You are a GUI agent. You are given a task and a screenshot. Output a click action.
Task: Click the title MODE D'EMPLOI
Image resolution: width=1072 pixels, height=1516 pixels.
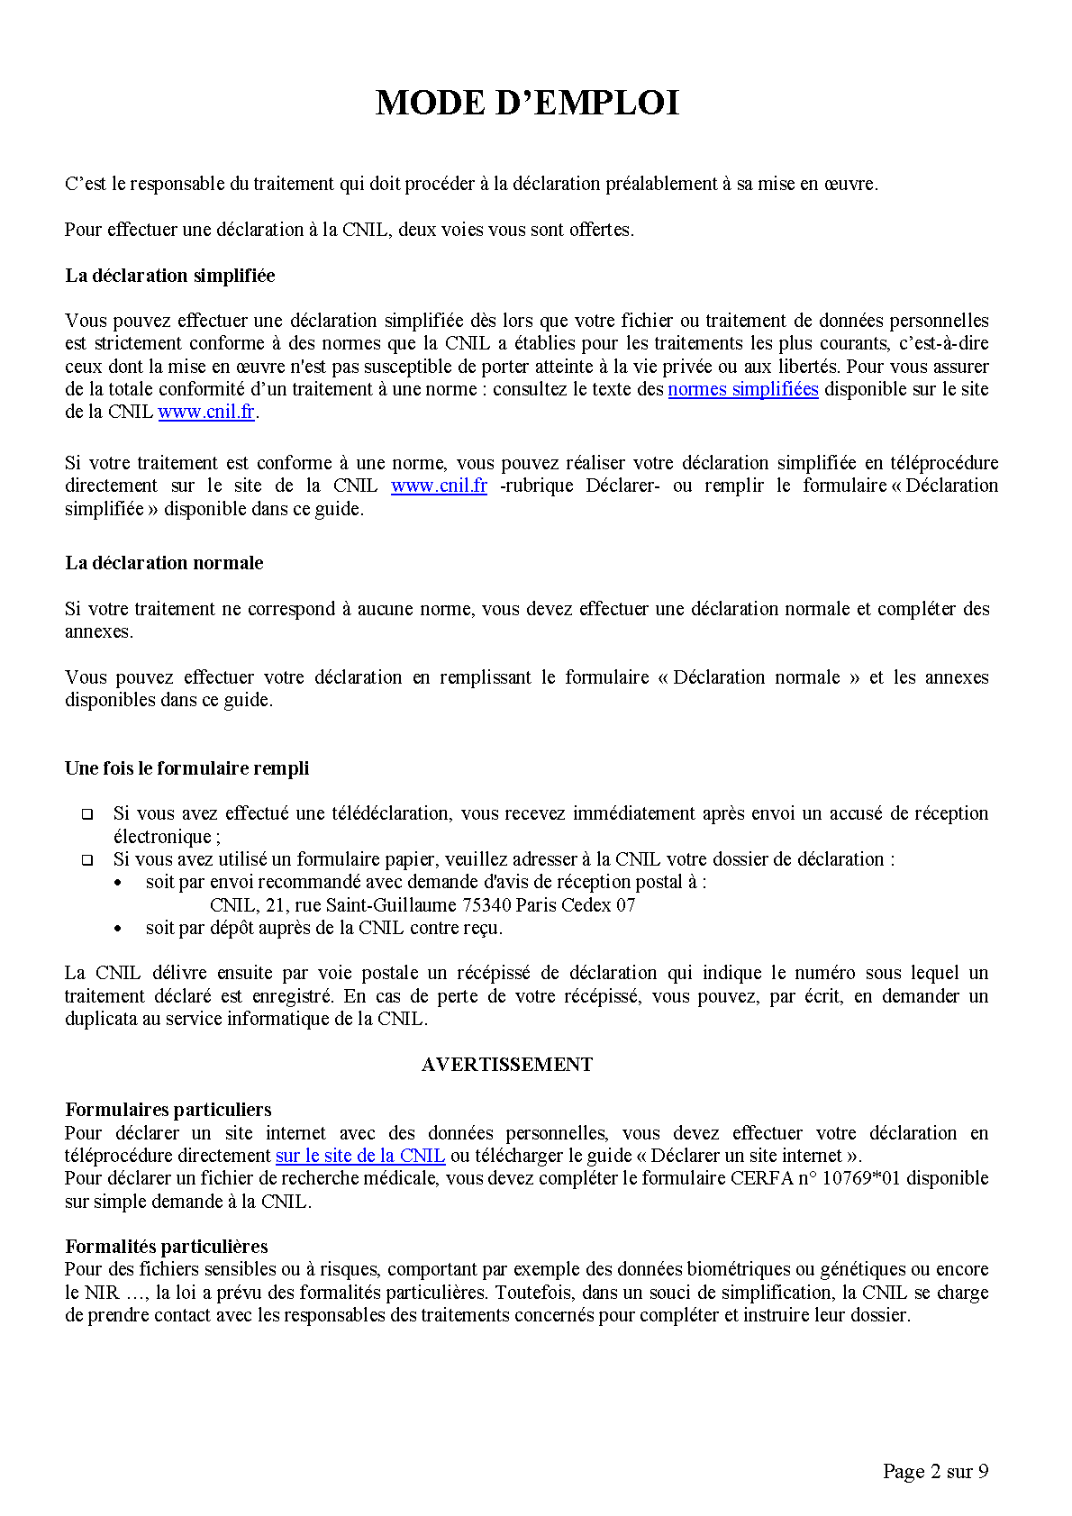(x=527, y=103)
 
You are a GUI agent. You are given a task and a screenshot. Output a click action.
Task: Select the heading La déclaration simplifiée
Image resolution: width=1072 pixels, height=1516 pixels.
(x=170, y=276)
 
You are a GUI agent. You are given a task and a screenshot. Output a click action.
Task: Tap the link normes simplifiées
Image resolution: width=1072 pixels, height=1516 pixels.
(x=742, y=389)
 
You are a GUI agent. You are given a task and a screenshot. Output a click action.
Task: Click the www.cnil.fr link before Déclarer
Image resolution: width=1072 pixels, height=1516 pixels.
(x=439, y=486)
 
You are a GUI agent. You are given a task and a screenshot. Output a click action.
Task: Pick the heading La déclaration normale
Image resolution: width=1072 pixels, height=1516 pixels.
(x=164, y=563)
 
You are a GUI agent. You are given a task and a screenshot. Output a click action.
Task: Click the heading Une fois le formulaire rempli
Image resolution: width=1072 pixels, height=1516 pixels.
(x=186, y=768)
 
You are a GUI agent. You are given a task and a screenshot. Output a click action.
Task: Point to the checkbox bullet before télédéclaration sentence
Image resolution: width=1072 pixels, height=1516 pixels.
(x=87, y=814)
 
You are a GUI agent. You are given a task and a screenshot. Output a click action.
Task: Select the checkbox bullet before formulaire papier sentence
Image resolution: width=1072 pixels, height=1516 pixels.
(x=87, y=860)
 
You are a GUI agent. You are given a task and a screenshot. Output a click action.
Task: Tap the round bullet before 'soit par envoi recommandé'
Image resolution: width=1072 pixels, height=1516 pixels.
(x=118, y=884)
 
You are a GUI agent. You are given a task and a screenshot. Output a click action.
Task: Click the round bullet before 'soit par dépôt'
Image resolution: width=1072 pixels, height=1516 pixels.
(x=118, y=929)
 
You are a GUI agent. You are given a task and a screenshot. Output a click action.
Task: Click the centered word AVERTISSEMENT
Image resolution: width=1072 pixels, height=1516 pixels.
(x=506, y=1065)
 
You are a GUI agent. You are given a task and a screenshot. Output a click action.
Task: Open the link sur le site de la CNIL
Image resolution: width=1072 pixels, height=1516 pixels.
(x=360, y=1156)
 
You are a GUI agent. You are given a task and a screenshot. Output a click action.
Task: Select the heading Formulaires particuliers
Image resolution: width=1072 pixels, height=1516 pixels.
(x=168, y=1110)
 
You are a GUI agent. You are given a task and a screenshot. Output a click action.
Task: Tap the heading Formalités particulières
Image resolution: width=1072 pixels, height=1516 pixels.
(x=167, y=1247)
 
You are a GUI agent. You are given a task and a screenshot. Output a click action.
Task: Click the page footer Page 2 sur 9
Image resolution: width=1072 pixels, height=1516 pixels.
(x=935, y=1471)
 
